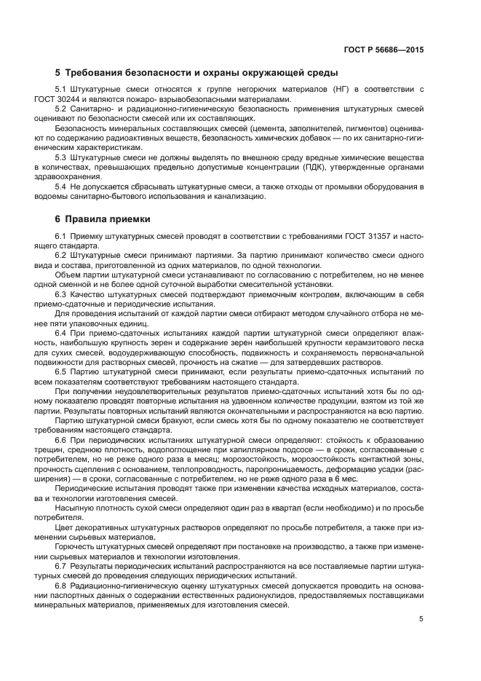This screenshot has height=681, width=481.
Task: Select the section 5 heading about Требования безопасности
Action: click(195, 72)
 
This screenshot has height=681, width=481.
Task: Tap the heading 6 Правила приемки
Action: click(103, 218)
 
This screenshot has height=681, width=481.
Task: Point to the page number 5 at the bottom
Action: click(421, 619)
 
